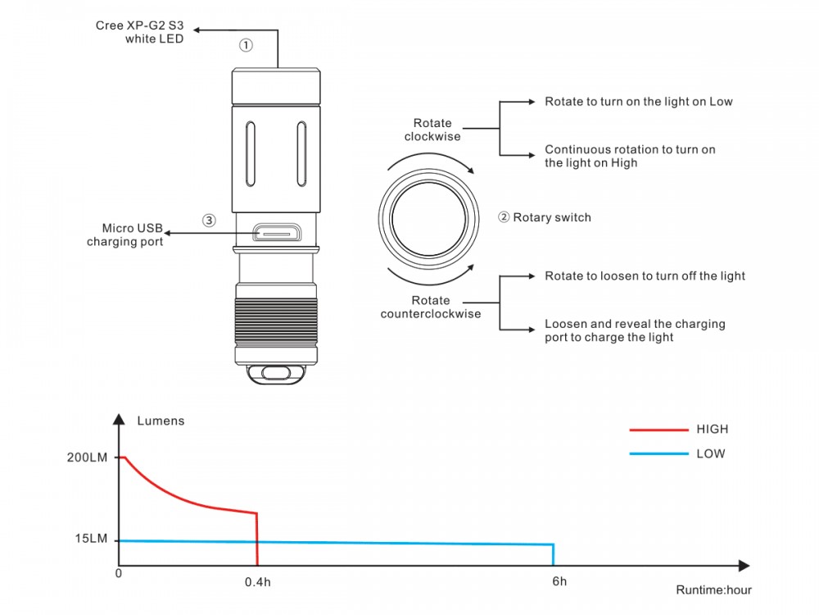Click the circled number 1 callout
point(246,45)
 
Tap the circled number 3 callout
point(209,220)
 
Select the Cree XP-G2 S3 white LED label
point(139,32)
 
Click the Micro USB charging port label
point(124,235)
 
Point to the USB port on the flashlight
point(277,232)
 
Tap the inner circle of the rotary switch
point(428,219)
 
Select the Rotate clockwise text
point(432,130)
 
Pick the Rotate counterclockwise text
point(431,307)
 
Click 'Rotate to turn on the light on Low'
point(638,102)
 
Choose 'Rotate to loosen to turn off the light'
point(645,276)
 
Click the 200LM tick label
point(87,458)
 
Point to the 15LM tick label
point(91,539)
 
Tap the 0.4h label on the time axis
point(257,582)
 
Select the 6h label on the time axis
point(559,581)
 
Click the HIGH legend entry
point(678,430)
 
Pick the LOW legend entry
point(677,454)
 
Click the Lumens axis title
point(161,421)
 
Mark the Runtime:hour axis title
point(713,590)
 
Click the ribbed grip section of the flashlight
point(276,321)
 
